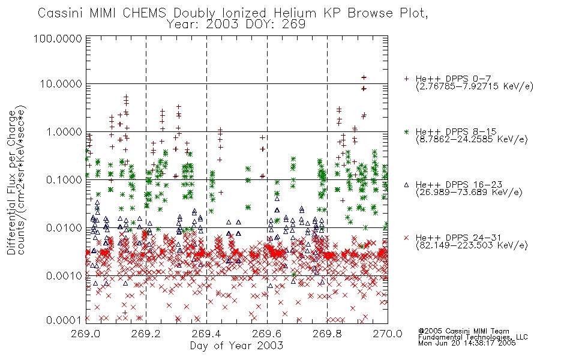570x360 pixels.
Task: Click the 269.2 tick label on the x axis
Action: click(146, 334)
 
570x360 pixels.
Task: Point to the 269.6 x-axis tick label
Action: click(267, 334)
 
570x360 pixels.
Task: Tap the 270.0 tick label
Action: click(388, 334)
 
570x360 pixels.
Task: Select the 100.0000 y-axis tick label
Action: click(58, 38)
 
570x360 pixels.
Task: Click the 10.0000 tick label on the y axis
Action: click(61, 84)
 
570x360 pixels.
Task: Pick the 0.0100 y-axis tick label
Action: click(64, 228)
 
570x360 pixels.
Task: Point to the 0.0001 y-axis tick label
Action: click(64, 320)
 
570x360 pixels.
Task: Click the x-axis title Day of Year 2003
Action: click(236, 346)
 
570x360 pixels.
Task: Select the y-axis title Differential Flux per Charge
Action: click(12, 182)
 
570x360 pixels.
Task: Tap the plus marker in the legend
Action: click(406, 78)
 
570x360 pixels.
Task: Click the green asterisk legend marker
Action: click(406, 131)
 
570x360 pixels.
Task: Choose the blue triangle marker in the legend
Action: click(406, 185)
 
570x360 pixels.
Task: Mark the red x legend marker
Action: click(406, 238)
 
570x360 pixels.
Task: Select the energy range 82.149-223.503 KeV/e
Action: click(472, 245)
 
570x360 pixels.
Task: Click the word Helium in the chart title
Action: click(295, 13)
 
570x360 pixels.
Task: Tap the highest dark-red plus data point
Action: click(364, 77)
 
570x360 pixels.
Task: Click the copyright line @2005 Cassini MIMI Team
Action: click(464, 331)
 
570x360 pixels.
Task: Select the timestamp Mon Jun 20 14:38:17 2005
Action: click(467, 343)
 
